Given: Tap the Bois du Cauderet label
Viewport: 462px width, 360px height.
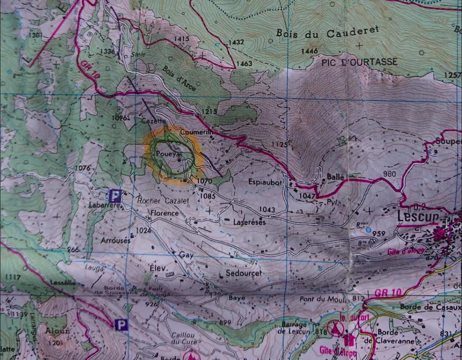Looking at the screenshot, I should [328, 32].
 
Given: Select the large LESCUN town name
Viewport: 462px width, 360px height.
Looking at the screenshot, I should [418, 216].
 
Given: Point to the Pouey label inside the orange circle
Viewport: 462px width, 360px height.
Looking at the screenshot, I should [165, 154].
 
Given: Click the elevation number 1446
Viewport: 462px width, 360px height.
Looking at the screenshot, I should [310, 51].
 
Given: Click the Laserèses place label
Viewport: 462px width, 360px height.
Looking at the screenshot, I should [250, 222].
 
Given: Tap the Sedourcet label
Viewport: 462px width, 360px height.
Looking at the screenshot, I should [243, 273].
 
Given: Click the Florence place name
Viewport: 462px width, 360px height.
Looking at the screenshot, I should [164, 213].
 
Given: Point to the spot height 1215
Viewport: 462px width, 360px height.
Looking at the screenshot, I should [209, 111].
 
